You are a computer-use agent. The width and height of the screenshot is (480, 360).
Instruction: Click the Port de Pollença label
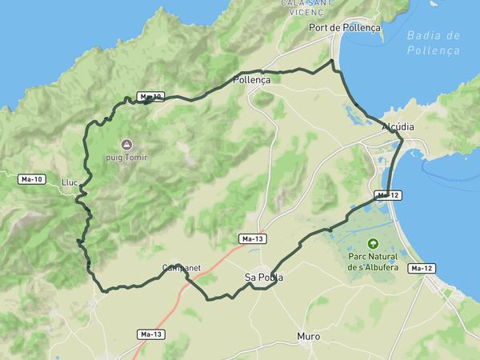pos(345,27)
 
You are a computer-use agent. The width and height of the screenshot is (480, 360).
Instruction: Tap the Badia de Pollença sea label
pos(433,42)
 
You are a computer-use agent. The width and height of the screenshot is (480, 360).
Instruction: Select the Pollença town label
pos(252,80)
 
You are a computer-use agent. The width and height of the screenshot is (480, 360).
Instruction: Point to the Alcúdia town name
pos(398,127)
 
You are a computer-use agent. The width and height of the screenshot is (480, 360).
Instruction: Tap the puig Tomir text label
pos(126,158)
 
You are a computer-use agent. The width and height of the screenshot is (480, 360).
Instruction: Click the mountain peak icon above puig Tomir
pos(126,144)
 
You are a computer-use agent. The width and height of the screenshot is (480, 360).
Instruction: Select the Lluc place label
pos(70,182)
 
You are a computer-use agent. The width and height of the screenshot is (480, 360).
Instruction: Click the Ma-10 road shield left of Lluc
pos(32,179)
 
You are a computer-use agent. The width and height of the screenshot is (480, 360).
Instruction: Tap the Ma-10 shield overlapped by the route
pos(150,97)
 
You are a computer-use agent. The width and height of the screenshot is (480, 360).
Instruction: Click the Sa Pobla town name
pos(264,278)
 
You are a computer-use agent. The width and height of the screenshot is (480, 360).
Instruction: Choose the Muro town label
pos(308,337)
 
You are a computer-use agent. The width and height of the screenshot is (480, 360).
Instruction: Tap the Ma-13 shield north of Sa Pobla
pos(253,238)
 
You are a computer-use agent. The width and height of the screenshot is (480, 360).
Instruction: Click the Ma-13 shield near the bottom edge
pos(150,334)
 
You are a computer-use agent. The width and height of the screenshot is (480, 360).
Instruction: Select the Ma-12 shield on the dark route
pos(387,195)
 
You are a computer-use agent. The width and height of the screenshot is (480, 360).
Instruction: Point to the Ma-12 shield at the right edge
pos(422,268)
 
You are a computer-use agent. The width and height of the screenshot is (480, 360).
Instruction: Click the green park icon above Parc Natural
pos(371,242)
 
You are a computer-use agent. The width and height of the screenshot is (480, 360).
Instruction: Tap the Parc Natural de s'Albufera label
pos(372,262)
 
